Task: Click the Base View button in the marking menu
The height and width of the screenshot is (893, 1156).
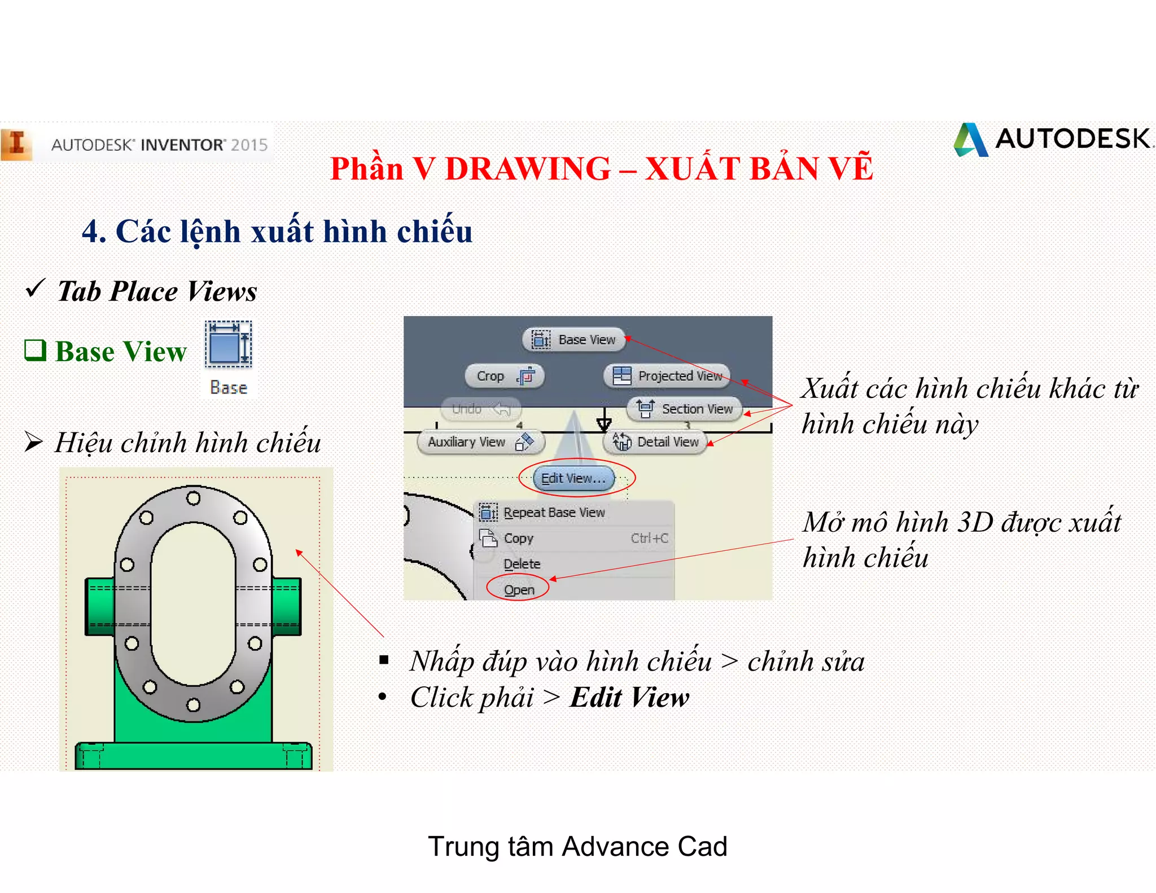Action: [x=574, y=340]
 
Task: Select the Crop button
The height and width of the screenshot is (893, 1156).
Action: [x=504, y=376]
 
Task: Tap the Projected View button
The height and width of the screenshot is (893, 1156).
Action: [x=667, y=376]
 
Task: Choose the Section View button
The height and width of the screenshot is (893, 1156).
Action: [x=685, y=409]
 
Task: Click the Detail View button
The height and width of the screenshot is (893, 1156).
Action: [x=656, y=442]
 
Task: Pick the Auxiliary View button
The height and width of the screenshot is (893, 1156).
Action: [x=480, y=442]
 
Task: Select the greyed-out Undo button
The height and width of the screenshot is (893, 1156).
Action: [x=481, y=409]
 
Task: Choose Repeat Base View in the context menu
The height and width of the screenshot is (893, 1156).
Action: [x=553, y=513]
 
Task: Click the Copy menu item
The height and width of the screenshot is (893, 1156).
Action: [x=518, y=539]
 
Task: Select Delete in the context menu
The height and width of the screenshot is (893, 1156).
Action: [x=522, y=564]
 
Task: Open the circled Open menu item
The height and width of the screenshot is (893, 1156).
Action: [x=519, y=590]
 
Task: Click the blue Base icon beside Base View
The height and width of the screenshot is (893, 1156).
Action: [x=229, y=344]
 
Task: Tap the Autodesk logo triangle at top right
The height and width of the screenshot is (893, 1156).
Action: [x=970, y=140]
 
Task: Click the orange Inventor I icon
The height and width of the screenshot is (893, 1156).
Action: [x=16, y=143]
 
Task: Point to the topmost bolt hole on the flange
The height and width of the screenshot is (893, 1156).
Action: [x=193, y=498]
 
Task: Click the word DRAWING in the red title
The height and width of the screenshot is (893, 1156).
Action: [x=527, y=169]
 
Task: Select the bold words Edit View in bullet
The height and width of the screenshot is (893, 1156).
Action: [x=629, y=698]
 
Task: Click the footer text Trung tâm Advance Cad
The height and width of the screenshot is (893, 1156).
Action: [x=577, y=847]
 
